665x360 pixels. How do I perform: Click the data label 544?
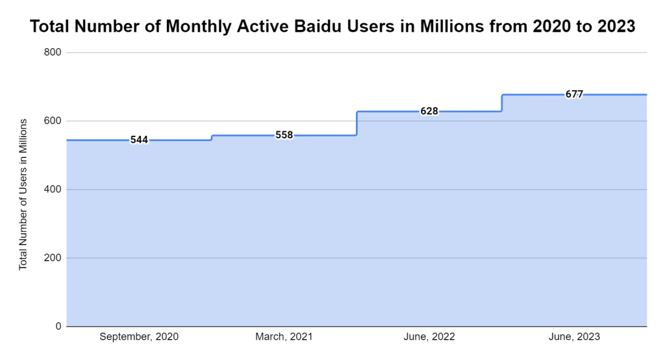[x=139, y=140]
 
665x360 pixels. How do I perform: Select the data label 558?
[x=284, y=135]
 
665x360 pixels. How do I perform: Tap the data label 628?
[x=429, y=111]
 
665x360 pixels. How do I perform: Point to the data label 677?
[x=574, y=94]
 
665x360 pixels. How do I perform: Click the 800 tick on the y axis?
[x=52, y=52]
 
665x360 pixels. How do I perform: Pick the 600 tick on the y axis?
[x=52, y=121]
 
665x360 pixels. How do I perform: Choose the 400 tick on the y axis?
[x=52, y=190]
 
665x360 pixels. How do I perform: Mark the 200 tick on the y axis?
[x=52, y=258]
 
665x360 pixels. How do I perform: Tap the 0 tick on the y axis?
[x=57, y=326]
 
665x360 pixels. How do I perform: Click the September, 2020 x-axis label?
[x=139, y=337]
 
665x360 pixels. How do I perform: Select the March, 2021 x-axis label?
[x=284, y=337]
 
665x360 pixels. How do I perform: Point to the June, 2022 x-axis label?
[x=429, y=337]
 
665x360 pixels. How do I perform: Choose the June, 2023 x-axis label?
[x=574, y=337]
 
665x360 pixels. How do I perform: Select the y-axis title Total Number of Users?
[x=23, y=194]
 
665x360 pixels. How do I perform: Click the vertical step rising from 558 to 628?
[x=357, y=123]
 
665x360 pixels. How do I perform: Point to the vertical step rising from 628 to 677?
[x=502, y=103]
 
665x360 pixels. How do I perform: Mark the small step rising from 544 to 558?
[x=212, y=138]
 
